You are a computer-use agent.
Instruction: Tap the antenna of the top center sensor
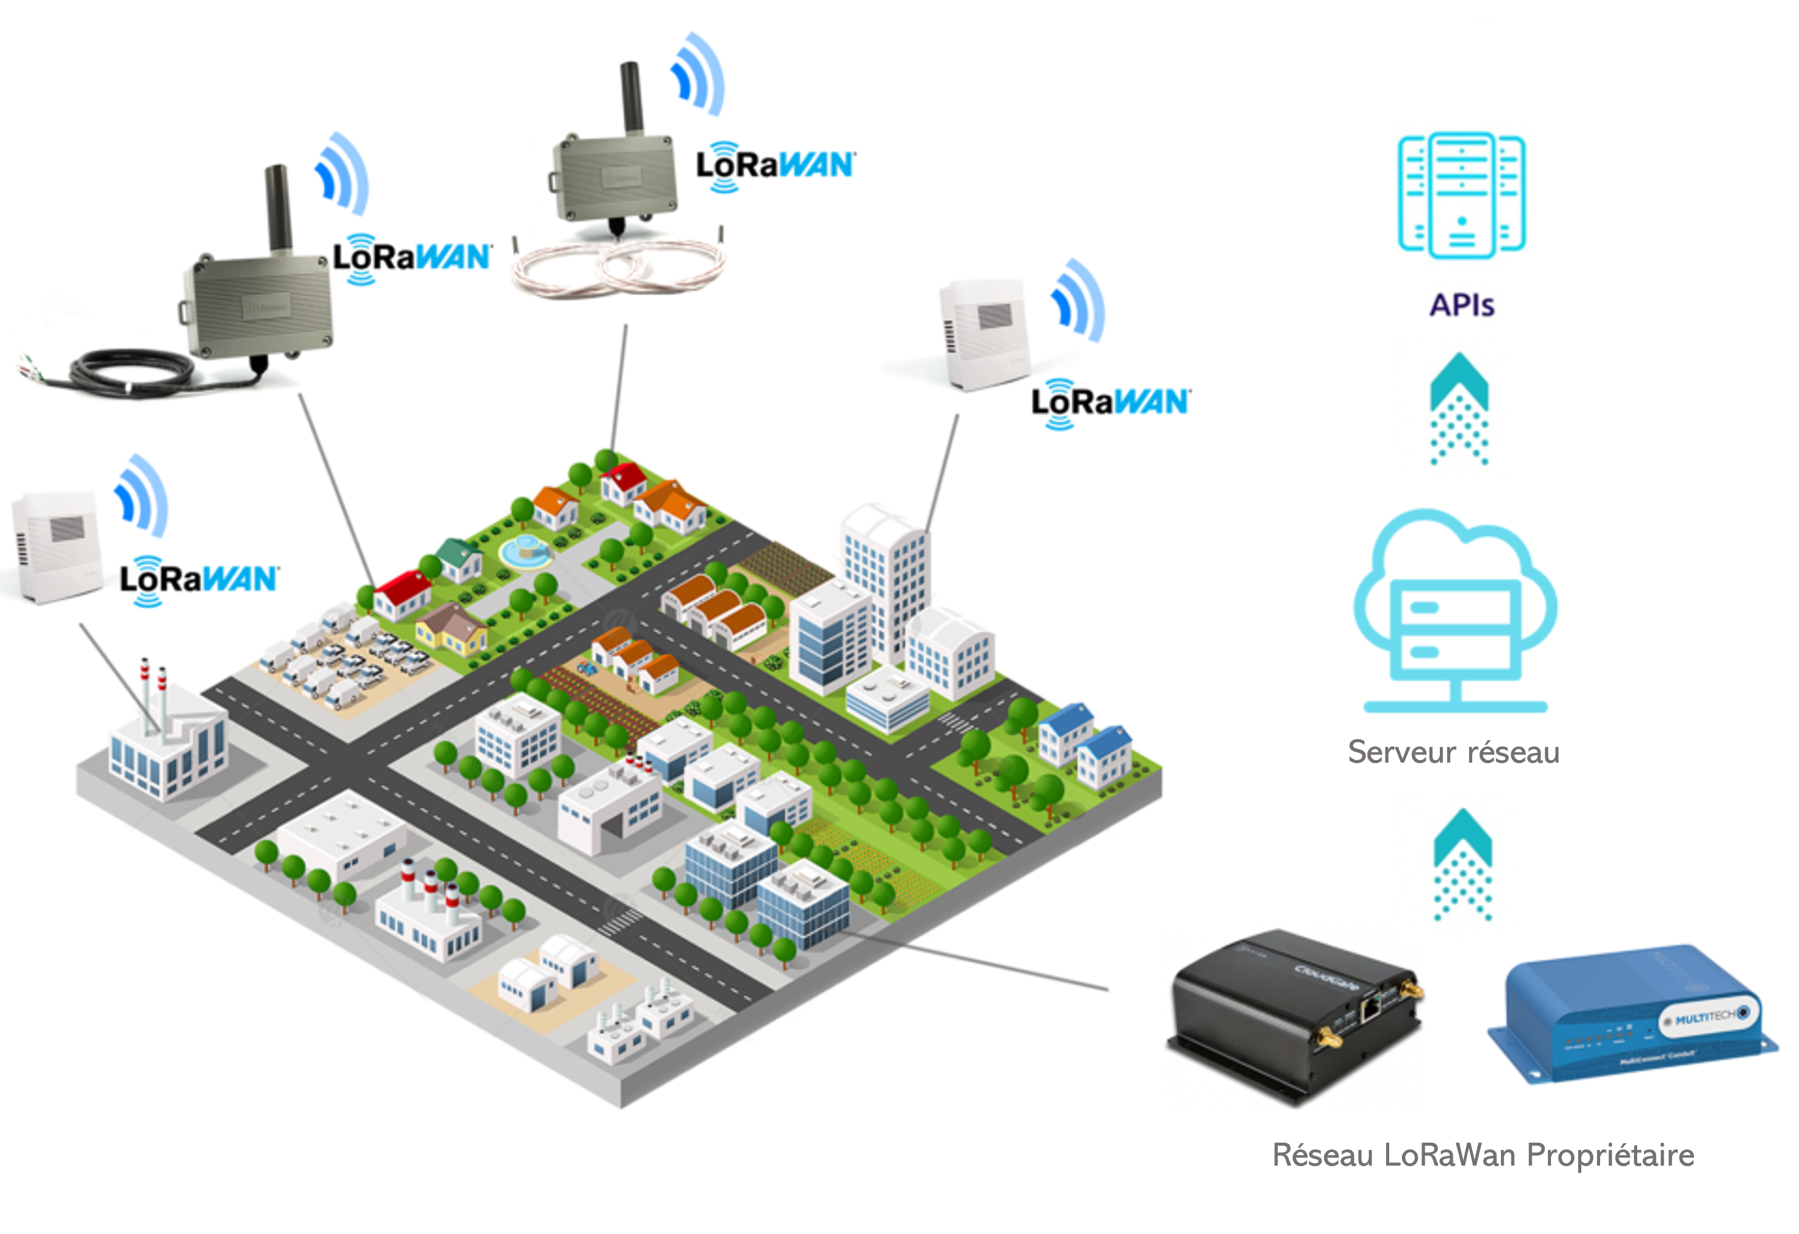(x=632, y=97)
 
